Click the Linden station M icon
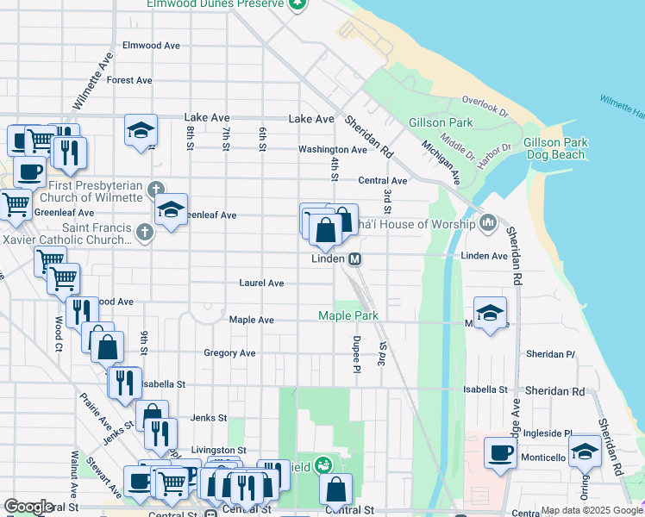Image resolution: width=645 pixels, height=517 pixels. tap(354, 259)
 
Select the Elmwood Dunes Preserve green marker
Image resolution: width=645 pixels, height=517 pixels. tap(297, 3)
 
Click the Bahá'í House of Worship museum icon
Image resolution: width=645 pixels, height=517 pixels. tap(489, 224)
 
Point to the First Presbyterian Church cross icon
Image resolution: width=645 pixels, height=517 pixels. tap(155, 189)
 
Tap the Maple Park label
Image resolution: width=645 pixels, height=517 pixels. tap(348, 316)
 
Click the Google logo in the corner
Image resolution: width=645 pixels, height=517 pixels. tap(28, 507)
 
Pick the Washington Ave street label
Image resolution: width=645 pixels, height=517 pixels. tap(332, 149)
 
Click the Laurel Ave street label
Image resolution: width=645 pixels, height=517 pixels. tap(261, 283)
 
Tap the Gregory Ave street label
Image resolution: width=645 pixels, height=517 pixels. tap(229, 353)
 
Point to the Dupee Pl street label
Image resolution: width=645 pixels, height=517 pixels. tap(355, 349)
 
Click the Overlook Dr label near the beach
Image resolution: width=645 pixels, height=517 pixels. tap(485, 106)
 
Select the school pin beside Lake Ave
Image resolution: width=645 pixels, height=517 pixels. tap(141, 130)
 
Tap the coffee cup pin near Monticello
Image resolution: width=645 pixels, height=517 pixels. tap(500, 452)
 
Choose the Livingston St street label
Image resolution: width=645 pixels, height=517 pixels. tap(218, 450)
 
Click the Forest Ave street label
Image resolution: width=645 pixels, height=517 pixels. tap(129, 80)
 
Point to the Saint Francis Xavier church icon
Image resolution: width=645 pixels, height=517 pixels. tap(145, 232)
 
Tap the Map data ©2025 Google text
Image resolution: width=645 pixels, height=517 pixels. tap(592, 510)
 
